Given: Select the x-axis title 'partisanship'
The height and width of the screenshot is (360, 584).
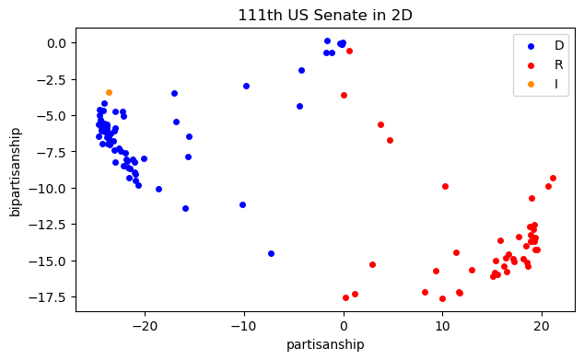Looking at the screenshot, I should click(x=326, y=344).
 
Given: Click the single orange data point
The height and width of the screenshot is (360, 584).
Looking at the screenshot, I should click(x=109, y=92).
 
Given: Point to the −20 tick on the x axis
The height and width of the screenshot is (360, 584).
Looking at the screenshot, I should click(x=145, y=326).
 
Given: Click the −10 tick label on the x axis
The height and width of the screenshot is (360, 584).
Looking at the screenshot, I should click(x=244, y=326).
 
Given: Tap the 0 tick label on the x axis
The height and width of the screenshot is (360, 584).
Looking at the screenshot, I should click(x=344, y=326).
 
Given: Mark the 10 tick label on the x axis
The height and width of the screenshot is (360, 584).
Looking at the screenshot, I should click(x=442, y=326).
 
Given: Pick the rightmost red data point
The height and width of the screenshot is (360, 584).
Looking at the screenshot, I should click(x=553, y=178).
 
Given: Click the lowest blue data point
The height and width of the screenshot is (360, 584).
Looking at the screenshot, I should click(x=271, y=253).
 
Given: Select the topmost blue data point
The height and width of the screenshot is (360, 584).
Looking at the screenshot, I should click(x=327, y=41).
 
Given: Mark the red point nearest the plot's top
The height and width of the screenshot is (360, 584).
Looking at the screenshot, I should click(x=349, y=51).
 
